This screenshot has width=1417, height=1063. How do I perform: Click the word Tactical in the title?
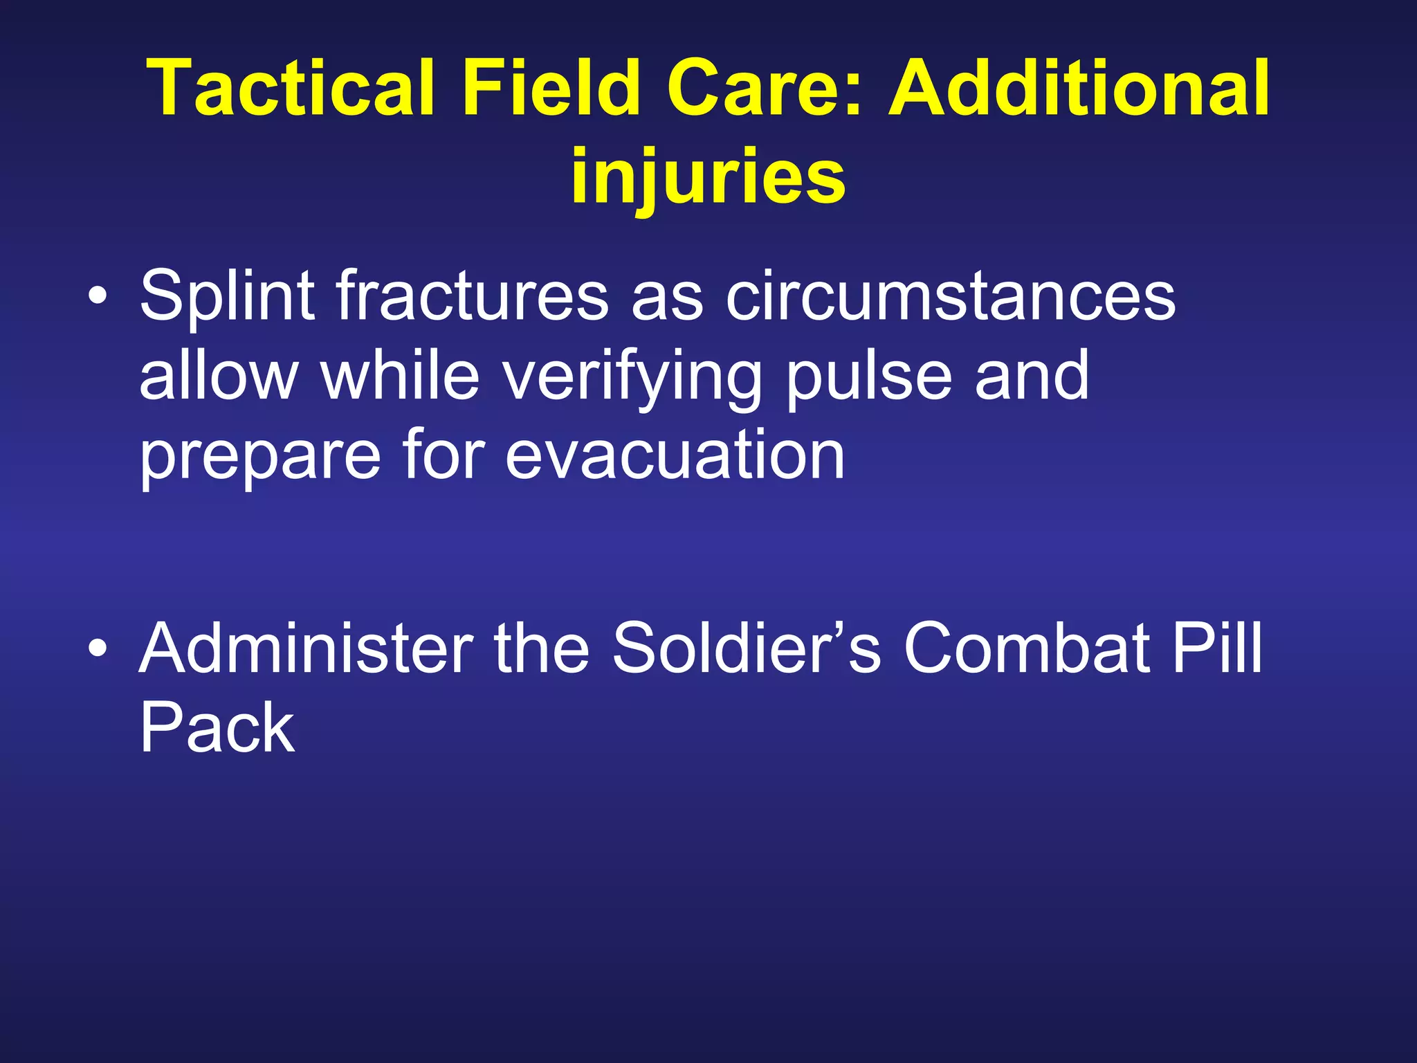(291, 89)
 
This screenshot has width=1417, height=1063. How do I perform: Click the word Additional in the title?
(1079, 89)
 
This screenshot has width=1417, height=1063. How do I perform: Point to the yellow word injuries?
(708, 177)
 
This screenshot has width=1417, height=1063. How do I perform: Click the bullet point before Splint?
(98, 297)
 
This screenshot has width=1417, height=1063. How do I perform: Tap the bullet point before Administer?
(98, 649)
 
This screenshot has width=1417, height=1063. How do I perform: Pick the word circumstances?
(950, 296)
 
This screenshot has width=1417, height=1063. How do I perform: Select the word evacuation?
(675, 455)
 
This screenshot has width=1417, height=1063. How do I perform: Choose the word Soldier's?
(747, 648)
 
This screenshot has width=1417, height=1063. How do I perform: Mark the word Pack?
(217, 728)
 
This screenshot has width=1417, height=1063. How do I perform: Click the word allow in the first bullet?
(219, 376)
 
